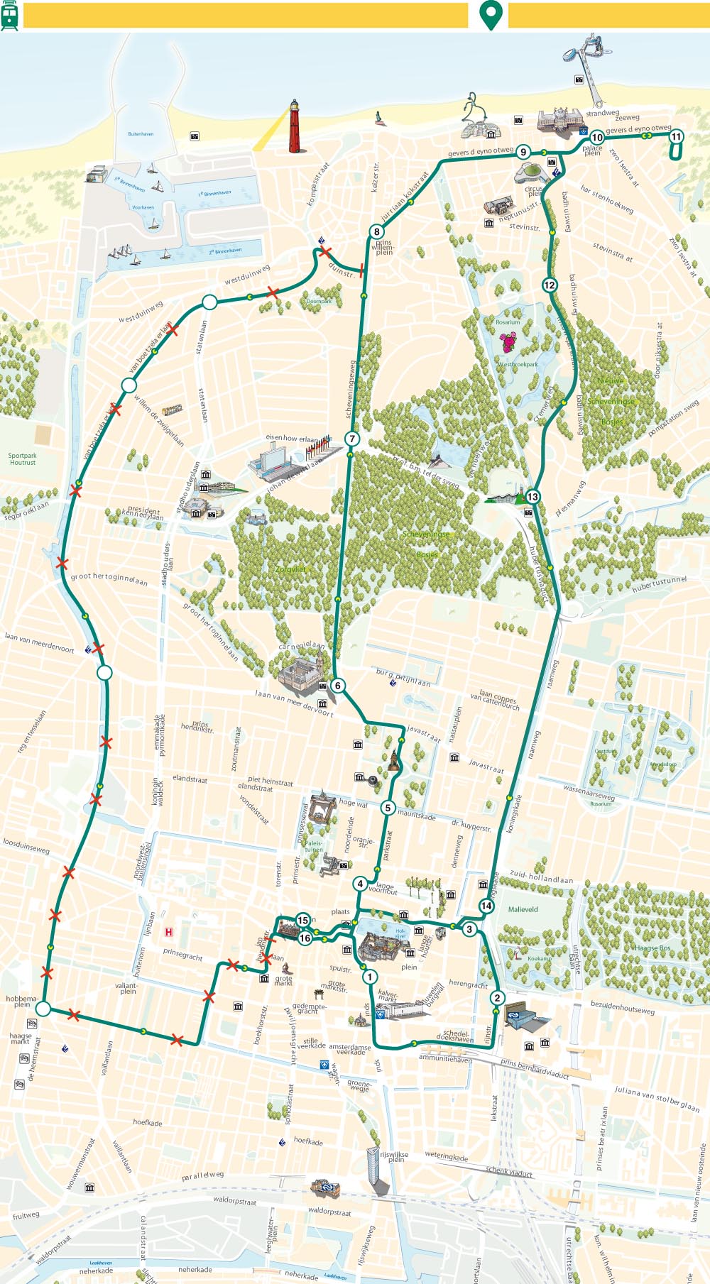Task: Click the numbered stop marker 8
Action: pyautogui.click(x=376, y=231)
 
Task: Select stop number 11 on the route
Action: pyautogui.click(x=676, y=137)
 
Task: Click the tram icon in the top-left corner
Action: pyautogui.click(x=10, y=14)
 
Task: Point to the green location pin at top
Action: pyautogui.click(x=491, y=14)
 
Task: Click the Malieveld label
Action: pyautogui.click(x=523, y=909)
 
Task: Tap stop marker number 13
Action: pyautogui.click(x=532, y=497)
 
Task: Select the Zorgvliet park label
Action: pyautogui.click(x=290, y=569)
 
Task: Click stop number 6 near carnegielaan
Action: pyautogui.click(x=338, y=686)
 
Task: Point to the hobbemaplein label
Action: pyautogui.click(x=22, y=1001)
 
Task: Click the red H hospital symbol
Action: pyautogui.click(x=169, y=932)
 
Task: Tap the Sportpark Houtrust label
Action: pyautogui.click(x=23, y=459)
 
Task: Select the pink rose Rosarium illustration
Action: pyautogui.click(x=508, y=344)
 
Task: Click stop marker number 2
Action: pyautogui.click(x=497, y=998)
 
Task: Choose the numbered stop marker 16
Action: pyautogui.click(x=305, y=938)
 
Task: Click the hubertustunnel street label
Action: pyautogui.click(x=660, y=584)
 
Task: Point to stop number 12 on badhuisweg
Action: pyautogui.click(x=550, y=285)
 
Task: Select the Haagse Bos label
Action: pyautogui.click(x=652, y=948)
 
